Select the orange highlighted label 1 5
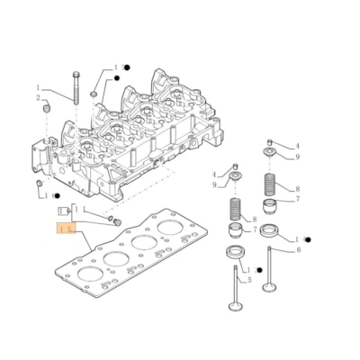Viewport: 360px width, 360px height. (x=63, y=230)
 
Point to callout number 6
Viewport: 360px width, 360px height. (x=298, y=250)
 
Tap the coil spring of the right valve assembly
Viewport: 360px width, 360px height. (x=270, y=187)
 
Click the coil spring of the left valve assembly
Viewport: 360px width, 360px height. (x=238, y=218)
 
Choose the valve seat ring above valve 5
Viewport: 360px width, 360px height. (x=237, y=248)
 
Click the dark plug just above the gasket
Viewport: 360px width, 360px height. (x=113, y=220)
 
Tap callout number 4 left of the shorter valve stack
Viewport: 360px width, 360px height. (x=214, y=174)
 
